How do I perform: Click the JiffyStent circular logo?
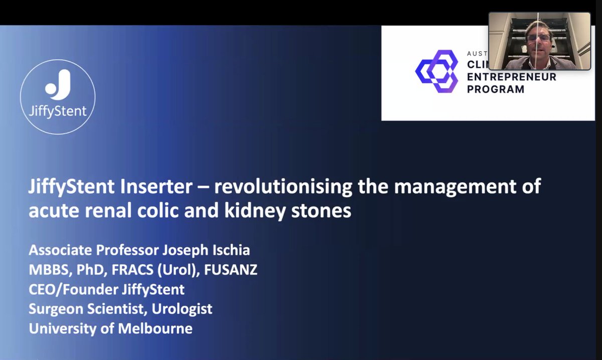[58, 97]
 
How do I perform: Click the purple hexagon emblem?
[437, 71]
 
